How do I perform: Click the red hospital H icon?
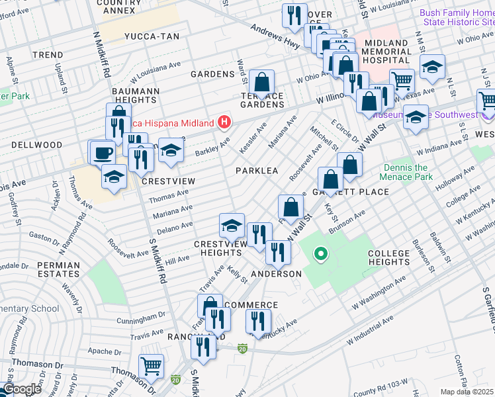(225, 122)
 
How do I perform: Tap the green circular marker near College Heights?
(321, 253)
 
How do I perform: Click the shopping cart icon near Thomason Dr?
(152, 365)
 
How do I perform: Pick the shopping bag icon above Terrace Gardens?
(262, 83)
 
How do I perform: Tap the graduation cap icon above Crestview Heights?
(232, 225)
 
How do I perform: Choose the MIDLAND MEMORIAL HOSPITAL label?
(396, 52)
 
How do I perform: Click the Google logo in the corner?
(22, 389)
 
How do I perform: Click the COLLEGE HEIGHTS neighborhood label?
(390, 258)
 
